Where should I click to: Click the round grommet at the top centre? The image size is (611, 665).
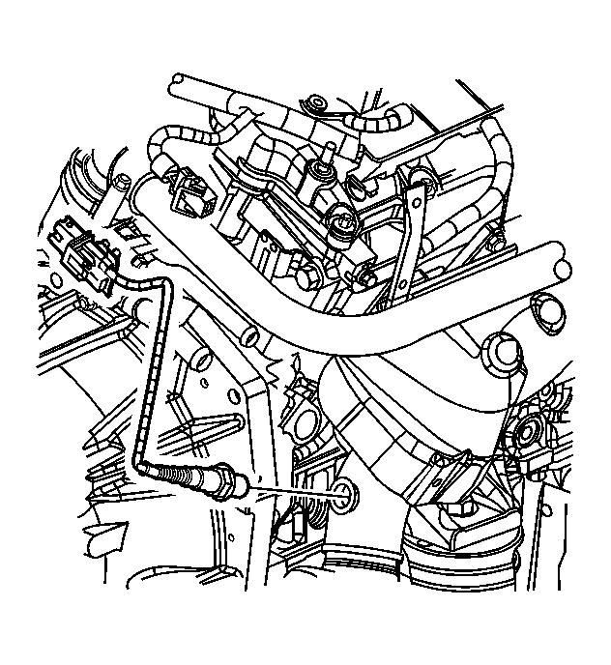[x=316, y=102]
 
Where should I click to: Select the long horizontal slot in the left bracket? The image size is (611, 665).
[x=208, y=422]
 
